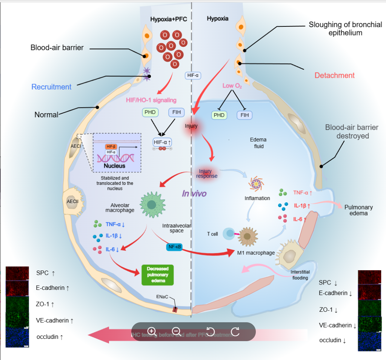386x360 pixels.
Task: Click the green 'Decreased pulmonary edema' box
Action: pos(158,275)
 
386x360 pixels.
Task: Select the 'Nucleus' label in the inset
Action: pos(115,166)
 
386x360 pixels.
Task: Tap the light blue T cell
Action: pos(229,234)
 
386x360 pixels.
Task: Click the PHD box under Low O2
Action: pos(219,115)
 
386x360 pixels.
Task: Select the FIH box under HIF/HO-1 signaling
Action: pos(176,112)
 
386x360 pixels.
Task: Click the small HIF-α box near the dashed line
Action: pos(193,75)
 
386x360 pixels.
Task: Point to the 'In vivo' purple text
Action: pos(194,194)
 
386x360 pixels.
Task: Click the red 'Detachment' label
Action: pos(335,75)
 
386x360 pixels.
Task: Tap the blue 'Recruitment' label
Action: pos(51,87)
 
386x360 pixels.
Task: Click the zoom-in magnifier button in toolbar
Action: pos(152,331)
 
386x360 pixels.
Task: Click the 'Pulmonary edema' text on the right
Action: pos(358,210)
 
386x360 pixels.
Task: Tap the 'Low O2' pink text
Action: pos(232,86)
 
